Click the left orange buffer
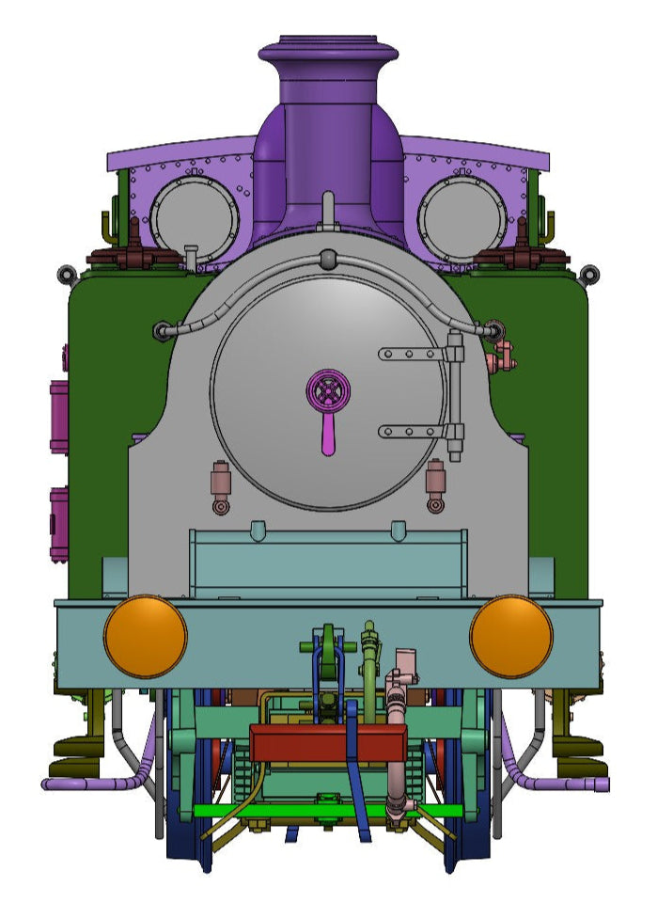click(x=146, y=636)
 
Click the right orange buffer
click(x=511, y=636)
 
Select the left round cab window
click(x=195, y=219)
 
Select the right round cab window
click(x=462, y=219)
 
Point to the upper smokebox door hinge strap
click(x=414, y=354)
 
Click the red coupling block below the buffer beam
click(x=328, y=744)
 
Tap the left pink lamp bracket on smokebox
click(x=221, y=483)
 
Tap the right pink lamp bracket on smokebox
click(x=435, y=483)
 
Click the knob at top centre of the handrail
click(x=327, y=258)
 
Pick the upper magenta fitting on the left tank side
click(x=58, y=415)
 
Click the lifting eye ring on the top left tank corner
click(x=66, y=275)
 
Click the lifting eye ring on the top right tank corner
click(x=589, y=275)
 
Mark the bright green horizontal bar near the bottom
click(x=328, y=810)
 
